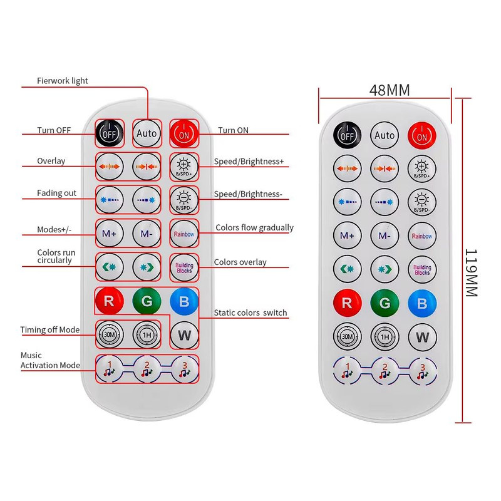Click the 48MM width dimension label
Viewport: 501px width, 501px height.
click(389, 90)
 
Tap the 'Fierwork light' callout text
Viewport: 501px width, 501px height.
click(63, 81)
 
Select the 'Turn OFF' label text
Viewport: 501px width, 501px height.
click(54, 130)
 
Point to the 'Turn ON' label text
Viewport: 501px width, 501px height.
click(233, 130)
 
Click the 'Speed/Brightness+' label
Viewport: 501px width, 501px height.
click(249, 162)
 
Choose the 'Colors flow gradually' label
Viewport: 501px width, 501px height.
click(254, 227)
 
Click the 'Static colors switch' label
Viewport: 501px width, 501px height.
click(250, 312)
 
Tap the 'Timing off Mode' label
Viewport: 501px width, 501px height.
click(50, 329)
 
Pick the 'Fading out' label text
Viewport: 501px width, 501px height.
click(57, 193)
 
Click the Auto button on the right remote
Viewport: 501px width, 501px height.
click(384, 135)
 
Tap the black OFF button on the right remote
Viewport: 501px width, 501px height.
click(347, 135)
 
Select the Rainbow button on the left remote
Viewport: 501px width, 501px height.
click(184, 234)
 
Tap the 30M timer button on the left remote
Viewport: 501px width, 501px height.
click(109, 334)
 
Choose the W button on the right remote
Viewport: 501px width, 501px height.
click(422, 337)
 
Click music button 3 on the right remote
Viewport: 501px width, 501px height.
click(422, 372)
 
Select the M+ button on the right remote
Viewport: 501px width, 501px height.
click(347, 235)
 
